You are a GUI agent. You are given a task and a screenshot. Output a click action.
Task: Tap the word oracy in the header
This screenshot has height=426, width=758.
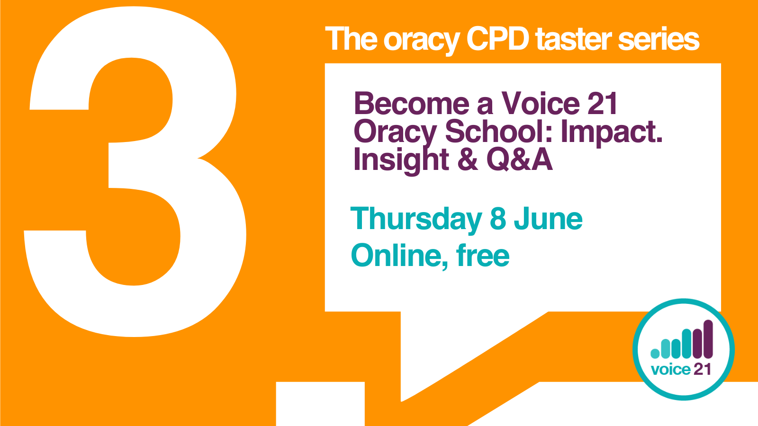(x=421, y=40)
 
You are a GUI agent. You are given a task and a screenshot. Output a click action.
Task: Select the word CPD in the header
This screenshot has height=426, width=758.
(x=497, y=39)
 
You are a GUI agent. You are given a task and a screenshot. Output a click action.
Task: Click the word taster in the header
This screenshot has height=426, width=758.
(x=573, y=40)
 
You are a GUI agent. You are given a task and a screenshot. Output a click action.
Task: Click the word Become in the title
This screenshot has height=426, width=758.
(x=411, y=104)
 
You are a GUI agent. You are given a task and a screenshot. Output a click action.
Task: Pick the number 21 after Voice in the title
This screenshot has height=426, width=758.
(x=603, y=104)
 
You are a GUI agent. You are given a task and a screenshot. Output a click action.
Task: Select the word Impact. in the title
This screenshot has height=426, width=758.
(x=612, y=132)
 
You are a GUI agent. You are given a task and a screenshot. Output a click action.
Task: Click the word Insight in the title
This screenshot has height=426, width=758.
(x=401, y=160)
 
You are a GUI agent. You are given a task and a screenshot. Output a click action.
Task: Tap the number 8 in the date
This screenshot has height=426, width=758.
(x=498, y=219)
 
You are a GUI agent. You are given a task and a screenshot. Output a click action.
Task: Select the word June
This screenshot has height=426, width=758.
(x=548, y=219)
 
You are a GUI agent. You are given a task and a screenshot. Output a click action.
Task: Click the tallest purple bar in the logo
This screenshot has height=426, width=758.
(x=708, y=339)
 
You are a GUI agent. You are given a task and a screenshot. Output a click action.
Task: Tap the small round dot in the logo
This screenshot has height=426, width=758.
(x=655, y=353)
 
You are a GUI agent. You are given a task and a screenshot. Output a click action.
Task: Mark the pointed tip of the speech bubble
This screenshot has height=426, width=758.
(x=402, y=400)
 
